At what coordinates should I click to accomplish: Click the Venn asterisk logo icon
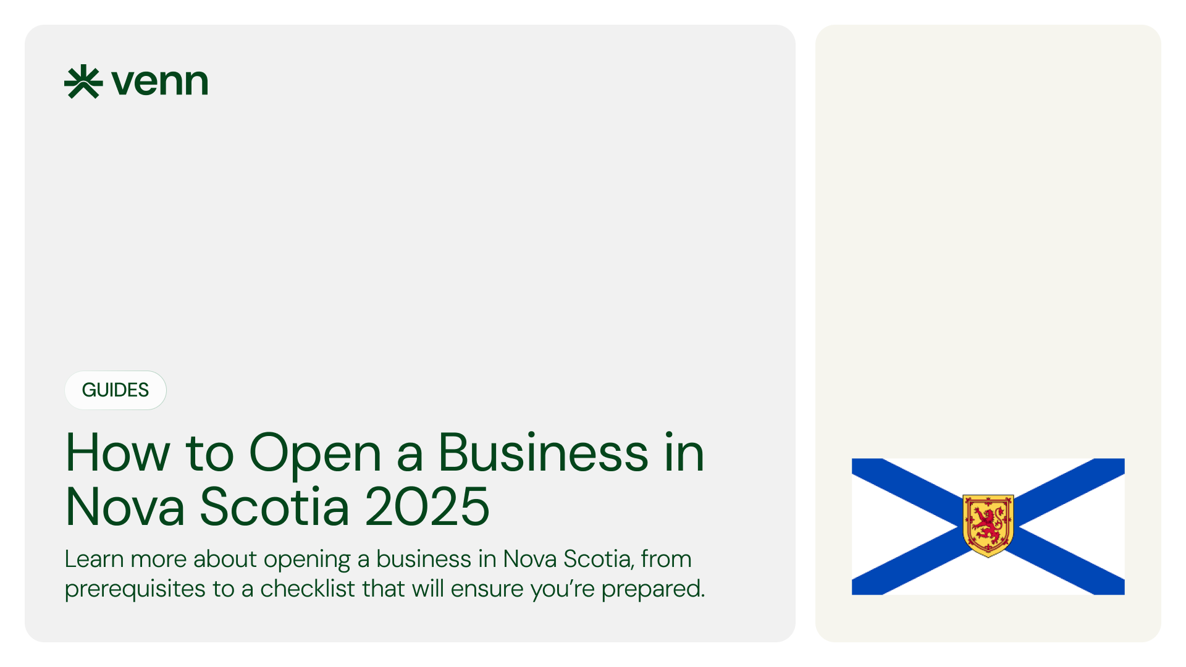point(83,82)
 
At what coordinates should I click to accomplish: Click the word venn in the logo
point(159,82)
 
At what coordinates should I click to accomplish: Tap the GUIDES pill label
point(116,390)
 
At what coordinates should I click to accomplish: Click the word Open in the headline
point(315,454)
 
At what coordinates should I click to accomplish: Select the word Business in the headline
point(543,453)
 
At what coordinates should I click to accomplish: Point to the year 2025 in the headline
point(427,507)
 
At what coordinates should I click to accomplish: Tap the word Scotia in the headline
point(275,507)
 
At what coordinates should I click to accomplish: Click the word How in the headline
point(117,453)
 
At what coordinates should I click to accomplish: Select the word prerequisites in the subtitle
point(135,589)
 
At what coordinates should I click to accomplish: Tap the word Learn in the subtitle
point(94,559)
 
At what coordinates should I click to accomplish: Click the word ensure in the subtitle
point(487,589)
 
